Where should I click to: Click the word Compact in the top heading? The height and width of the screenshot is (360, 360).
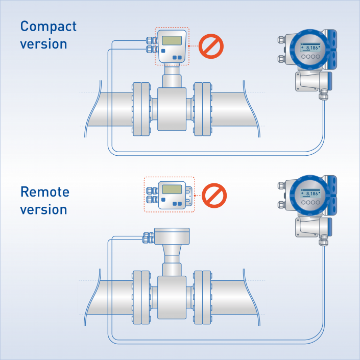pos(48,27)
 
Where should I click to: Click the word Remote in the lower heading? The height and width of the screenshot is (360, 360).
pos(45,192)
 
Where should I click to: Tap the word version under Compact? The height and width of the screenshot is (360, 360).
pos(43,44)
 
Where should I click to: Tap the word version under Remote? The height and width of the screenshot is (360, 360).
pos(43,209)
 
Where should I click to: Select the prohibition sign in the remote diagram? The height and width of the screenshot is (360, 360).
pos(214,195)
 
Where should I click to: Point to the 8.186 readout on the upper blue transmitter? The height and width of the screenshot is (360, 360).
pos(310,47)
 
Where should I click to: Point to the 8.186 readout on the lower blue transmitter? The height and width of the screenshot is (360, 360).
pos(310,194)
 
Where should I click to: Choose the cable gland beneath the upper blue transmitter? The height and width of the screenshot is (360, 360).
pos(323,95)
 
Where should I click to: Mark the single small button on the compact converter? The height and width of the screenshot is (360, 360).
pos(163,52)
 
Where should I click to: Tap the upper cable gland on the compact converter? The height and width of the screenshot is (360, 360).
pos(151,40)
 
